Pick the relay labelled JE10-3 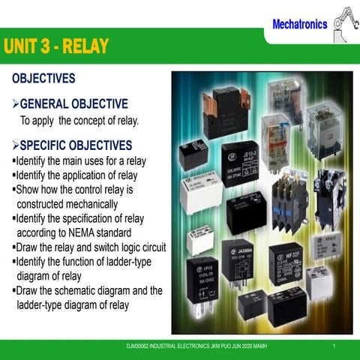(241, 160)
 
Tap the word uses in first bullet (95, 161)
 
